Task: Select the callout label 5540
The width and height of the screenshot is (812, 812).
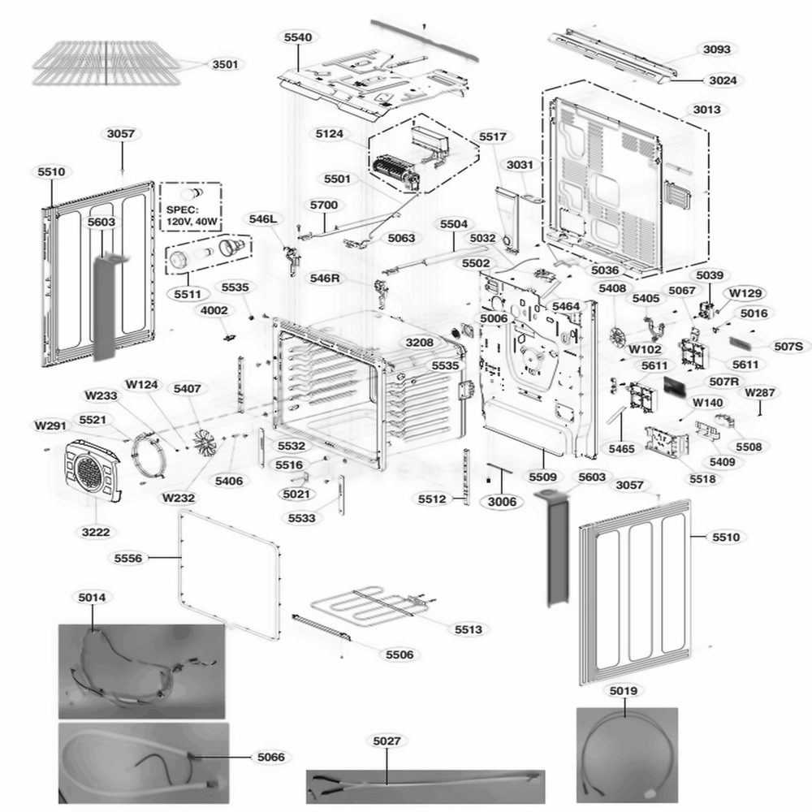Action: pos(297,37)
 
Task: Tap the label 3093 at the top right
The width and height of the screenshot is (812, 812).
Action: pos(716,50)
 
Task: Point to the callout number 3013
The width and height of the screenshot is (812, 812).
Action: pos(706,110)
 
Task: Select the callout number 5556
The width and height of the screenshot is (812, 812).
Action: pos(128,558)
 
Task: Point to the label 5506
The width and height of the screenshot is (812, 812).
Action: pos(399,654)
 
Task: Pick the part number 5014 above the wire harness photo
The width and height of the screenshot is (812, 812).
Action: pos(92,598)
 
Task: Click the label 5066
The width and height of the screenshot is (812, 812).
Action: pos(270,757)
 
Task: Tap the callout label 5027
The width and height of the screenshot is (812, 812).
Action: pos(387,741)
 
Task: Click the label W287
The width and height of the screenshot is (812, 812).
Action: pos(760,394)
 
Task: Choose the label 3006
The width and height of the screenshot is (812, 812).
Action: pos(502,502)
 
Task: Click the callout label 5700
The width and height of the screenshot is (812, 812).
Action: pos(322,205)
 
